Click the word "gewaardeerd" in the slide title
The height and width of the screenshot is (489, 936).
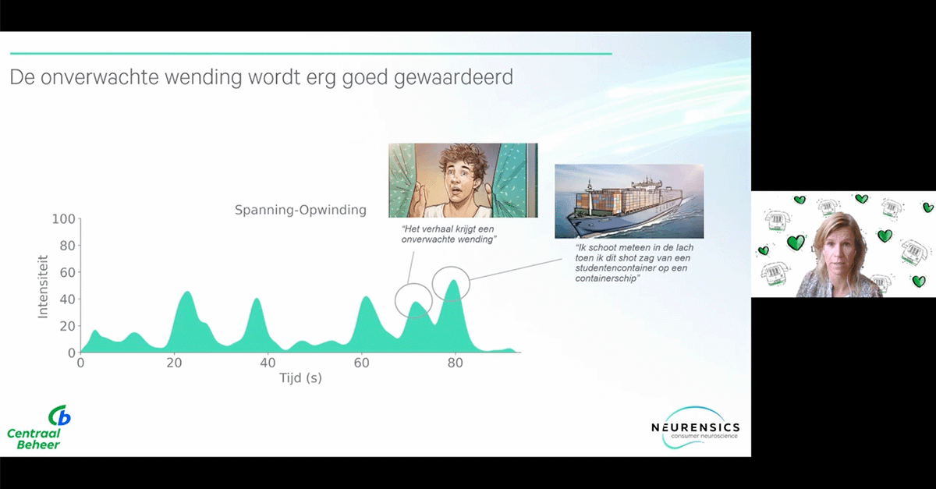click(x=453, y=78)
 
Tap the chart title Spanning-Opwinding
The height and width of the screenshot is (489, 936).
click(x=300, y=210)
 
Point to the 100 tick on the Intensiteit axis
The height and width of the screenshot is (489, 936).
click(x=63, y=219)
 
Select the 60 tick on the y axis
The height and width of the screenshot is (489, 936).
click(x=67, y=272)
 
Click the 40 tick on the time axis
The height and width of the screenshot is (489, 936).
click(x=268, y=363)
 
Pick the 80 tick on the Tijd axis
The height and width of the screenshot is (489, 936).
click(x=455, y=363)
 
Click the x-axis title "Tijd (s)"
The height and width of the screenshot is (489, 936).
click(x=300, y=378)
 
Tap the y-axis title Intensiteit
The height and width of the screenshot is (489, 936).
click(x=43, y=287)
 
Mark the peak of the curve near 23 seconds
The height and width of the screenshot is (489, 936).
click(x=187, y=292)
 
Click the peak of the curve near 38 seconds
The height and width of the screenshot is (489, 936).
click(x=257, y=299)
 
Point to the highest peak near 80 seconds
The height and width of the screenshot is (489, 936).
click(x=453, y=281)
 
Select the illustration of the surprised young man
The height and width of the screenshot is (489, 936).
click(x=463, y=180)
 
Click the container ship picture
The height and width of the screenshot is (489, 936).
click(x=629, y=201)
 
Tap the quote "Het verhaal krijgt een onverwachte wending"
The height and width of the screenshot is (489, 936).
click(x=448, y=234)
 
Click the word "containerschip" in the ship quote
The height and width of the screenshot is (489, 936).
click(x=607, y=278)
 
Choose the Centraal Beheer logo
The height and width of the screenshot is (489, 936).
click(x=38, y=427)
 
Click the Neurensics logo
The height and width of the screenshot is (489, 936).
click(x=696, y=428)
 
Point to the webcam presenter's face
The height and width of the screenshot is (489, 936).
click(x=838, y=249)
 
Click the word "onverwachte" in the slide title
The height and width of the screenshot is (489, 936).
click(x=99, y=77)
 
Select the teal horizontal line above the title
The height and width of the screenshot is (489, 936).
click(x=311, y=54)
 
